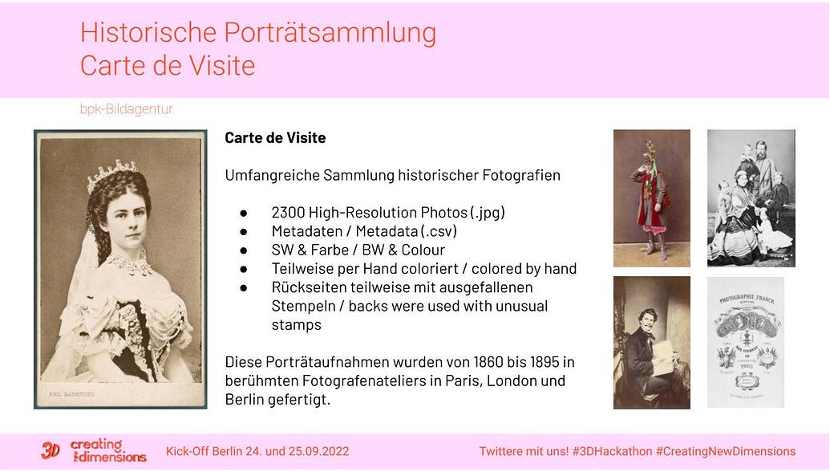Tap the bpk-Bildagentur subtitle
click(x=126, y=109)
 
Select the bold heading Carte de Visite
click(x=275, y=138)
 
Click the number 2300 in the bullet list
click(x=289, y=213)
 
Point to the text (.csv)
click(x=439, y=231)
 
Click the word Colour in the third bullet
click(x=423, y=250)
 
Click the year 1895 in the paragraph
click(x=528, y=362)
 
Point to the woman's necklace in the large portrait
click(x=128, y=262)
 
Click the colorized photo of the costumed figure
click(x=651, y=197)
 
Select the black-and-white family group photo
click(x=751, y=197)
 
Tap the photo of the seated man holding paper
click(x=651, y=343)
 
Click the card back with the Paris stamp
click(x=745, y=342)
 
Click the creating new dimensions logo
click(x=95, y=451)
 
